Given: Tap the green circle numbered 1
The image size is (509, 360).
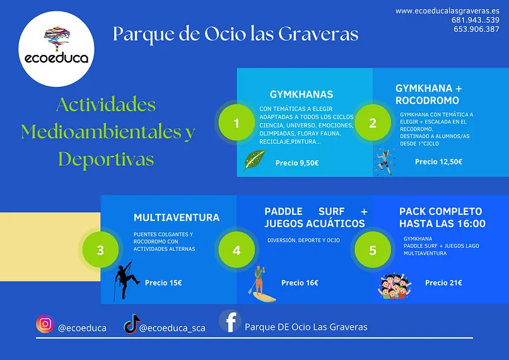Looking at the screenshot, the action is click(237, 123).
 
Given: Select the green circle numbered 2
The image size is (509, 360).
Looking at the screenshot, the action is click(373, 123).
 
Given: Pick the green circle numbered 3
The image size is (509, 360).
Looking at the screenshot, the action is click(100, 250).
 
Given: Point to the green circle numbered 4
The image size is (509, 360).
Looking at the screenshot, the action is click(237, 250).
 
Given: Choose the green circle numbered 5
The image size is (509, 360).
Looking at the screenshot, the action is click(373, 250).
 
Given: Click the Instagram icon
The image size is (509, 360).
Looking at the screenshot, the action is click(45, 324).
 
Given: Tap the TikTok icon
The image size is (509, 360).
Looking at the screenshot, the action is click(131, 324).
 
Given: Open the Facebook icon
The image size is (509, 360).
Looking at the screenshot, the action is click(230, 322).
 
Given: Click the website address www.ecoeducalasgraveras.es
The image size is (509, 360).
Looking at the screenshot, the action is click(447, 11).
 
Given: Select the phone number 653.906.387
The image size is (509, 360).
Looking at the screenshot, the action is click(477, 29).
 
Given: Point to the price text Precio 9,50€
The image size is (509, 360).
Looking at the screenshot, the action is click(297, 163).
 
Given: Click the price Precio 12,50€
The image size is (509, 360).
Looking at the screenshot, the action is click(438, 161).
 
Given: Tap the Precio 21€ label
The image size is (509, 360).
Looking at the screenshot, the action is click(443, 282).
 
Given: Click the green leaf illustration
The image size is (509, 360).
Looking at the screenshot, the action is click(255, 160).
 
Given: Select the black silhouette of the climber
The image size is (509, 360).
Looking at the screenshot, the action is click(126, 280).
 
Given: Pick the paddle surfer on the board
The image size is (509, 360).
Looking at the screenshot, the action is click(262, 284).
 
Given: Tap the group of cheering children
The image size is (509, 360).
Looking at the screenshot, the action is click(394, 286).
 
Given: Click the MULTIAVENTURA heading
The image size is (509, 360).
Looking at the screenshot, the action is click(176, 218).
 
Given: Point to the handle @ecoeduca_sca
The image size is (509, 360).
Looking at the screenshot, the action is click(172, 328).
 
